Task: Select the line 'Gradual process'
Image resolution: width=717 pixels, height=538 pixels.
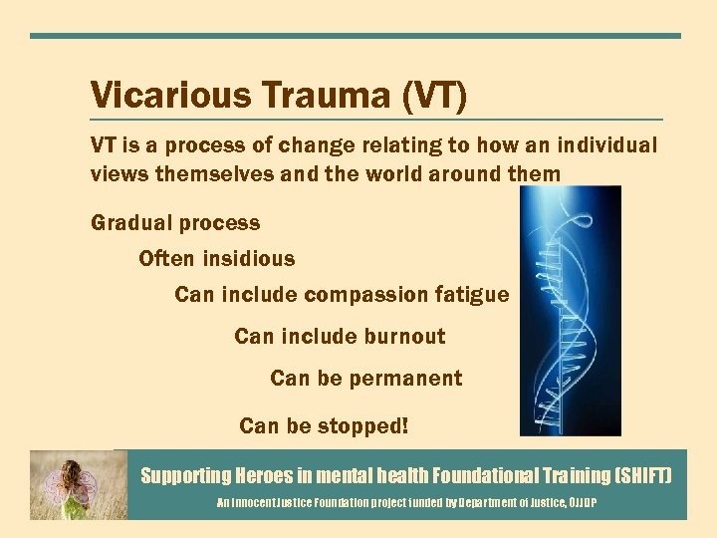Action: [175, 223]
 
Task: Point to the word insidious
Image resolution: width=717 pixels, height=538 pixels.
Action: [249, 259]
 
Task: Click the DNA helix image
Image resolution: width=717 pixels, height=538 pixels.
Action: [571, 310]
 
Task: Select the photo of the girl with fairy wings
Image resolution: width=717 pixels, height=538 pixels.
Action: [78, 484]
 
